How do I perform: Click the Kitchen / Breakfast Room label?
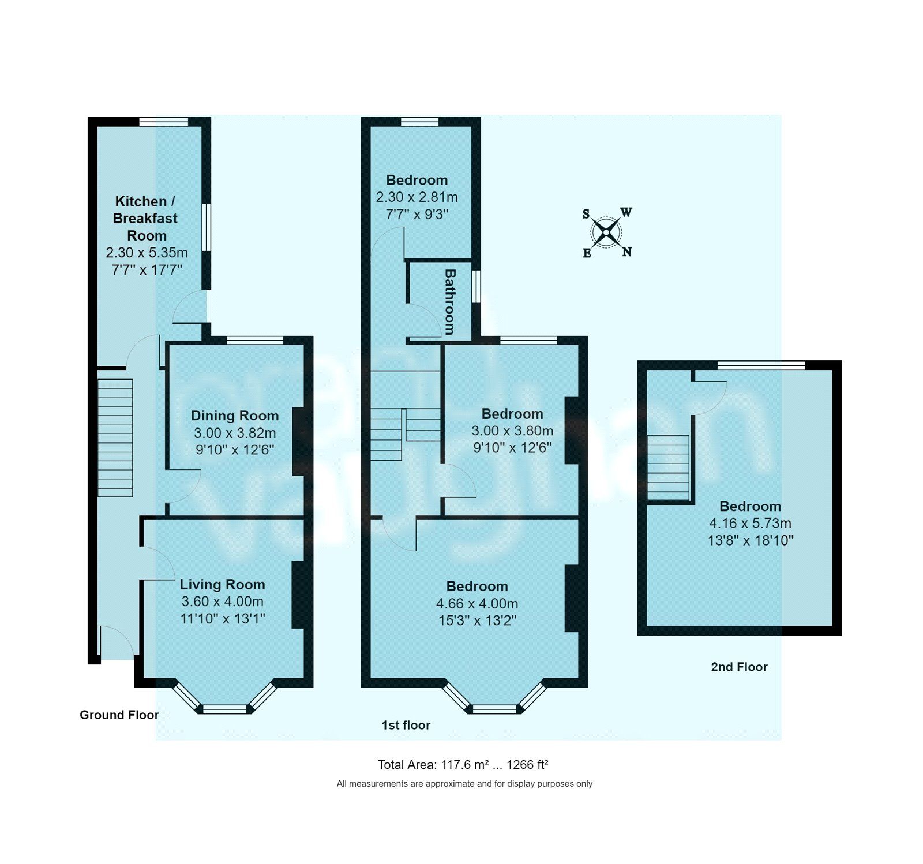147,218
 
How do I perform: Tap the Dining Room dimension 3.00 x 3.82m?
235,433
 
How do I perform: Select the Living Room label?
222,584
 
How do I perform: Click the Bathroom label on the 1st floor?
450,302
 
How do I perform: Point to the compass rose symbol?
606,232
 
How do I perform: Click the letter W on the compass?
626,212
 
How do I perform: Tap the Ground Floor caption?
119,715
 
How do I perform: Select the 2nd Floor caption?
739,667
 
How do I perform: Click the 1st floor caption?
406,725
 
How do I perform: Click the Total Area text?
463,765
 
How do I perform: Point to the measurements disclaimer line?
464,784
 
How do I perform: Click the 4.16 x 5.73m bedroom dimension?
750,523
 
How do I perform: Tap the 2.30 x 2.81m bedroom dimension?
417,197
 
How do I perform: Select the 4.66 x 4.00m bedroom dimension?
476,603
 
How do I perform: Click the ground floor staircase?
115,437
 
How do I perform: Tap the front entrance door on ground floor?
117,640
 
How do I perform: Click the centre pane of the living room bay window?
226,709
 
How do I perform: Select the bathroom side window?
476,286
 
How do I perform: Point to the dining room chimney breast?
298,441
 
